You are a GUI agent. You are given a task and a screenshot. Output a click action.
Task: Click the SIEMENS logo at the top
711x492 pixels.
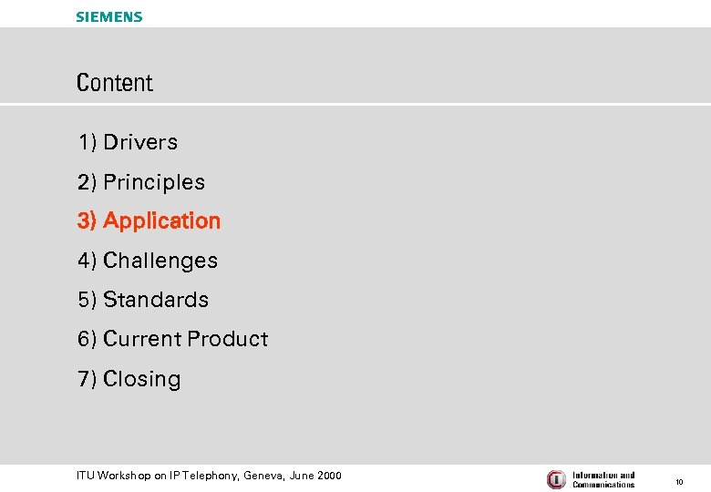tap(109, 16)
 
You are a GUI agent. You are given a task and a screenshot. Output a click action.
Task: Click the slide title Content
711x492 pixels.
tap(115, 83)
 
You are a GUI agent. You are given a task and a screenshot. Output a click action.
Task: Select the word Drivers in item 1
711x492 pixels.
tap(140, 142)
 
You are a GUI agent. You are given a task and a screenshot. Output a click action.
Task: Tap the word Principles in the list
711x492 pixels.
tap(154, 182)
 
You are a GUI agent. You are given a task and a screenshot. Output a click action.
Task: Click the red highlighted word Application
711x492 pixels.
tap(161, 221)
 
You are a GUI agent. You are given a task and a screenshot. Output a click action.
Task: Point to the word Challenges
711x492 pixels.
tap(160, 261)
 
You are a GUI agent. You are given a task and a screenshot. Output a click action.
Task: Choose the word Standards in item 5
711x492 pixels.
tap(156, 300)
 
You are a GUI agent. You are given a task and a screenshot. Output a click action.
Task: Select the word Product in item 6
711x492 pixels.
tap(228, 339)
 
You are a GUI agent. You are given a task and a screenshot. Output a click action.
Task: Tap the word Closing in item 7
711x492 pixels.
tap(142, 379)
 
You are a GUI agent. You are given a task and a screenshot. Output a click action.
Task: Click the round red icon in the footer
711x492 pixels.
tap(556, 479)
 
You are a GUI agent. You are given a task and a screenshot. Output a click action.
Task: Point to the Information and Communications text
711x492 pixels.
tap(603, 479)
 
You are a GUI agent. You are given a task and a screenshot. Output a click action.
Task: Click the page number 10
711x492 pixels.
tap(679, 480)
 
